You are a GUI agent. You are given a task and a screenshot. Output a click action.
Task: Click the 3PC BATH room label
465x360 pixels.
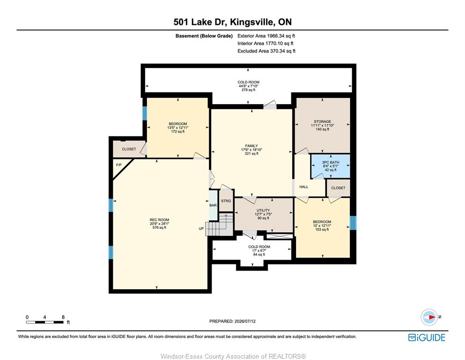[x=330, y=162]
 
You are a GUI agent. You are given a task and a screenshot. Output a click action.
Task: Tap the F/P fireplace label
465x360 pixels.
[x=118, y=165]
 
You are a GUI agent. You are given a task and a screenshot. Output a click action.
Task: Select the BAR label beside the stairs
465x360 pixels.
[x=213, y=205]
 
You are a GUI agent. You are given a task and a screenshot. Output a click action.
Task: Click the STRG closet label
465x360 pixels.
[x=226, y=201]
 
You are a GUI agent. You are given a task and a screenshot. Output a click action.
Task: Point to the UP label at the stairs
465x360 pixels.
[x=201, y=229]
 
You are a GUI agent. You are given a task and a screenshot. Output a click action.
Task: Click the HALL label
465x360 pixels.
[x=303, y=187]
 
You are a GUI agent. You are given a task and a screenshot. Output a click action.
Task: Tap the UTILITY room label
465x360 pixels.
[x=263, y=210]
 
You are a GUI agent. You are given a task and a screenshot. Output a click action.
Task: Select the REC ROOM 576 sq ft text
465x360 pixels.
[x=159, y=228]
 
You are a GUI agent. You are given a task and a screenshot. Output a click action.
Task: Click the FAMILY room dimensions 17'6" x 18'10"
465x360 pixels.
[x=251, y=150]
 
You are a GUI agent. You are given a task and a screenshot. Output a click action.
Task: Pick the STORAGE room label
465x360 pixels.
[x=322, y=121]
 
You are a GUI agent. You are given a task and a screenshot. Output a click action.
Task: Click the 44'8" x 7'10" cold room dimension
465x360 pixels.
[x=249, y=86]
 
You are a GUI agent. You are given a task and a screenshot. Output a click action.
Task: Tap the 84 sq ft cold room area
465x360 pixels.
[x=259, y=255]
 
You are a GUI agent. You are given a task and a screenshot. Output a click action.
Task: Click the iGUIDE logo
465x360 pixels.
[x=427, y=338]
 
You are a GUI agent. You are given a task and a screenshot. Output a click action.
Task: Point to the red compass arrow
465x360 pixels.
[x=432, y=317]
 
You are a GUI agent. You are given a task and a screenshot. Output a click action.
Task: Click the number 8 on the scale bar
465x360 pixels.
[x=63, y=317]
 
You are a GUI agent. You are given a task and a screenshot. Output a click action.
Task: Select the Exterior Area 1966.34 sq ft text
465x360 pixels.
[x=266, y=36]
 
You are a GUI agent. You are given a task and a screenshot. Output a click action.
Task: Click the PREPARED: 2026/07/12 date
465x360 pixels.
[x=232, y=321]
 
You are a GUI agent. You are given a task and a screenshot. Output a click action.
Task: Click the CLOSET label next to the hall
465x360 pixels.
[x=338, y=188]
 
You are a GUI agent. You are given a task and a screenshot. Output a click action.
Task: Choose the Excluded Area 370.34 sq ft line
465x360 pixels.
[x=266, y=51]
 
